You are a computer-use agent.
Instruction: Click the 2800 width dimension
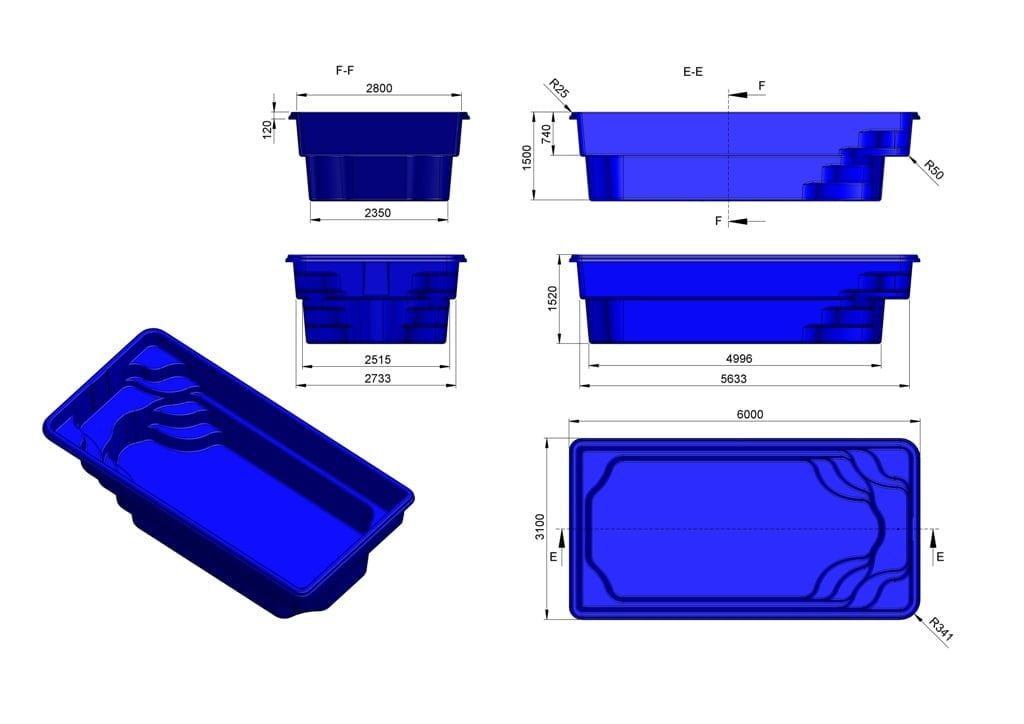click(x=378, y=88)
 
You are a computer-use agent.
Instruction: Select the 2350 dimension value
click(x=378, y=212)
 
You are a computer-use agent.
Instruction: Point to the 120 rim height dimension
click(x=268, y=129)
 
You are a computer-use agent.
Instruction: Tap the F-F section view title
click(x=346, y=70)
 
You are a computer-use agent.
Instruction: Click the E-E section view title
click(x=692, y=70)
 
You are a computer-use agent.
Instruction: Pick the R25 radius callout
click(x=558, y=91)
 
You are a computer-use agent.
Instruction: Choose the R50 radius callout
click(x=933, y=169)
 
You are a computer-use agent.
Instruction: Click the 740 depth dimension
click(x=546, y=135)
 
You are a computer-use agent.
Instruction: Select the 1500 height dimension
click(x=527, y=157)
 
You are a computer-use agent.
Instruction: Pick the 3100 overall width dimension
click(x=541, y=527)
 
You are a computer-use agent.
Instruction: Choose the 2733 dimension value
click(x=376, y=378)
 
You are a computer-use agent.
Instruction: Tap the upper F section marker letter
click(x=762, y=86)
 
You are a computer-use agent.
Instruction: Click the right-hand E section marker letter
click(x=939, y=556)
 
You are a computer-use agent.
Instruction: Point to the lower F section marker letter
click(x=718, y=221)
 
